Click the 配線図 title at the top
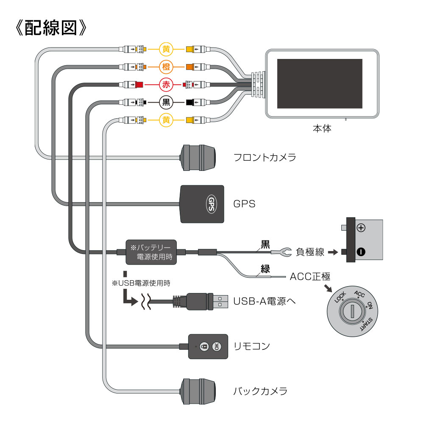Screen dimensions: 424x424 pyautogui.click(x=50, y=28)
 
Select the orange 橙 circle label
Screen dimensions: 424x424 pyautogui.click(x=166, y=67)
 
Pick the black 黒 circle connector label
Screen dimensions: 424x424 pyautogui.click(x=166, y=102)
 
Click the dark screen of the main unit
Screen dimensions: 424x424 pyautogui.click(x=320, y=84)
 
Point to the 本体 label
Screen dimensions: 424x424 pyautogui.click(x=321, y=128)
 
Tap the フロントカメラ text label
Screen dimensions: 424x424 pyautogui.click(x=265, y=158)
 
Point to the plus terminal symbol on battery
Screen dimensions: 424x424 pyautogui.click(x=361, y=228)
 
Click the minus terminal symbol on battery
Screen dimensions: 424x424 pyautogui.click(x=360, y=252)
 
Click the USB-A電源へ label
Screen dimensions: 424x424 pyautogui.click(x=265, y=301)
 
